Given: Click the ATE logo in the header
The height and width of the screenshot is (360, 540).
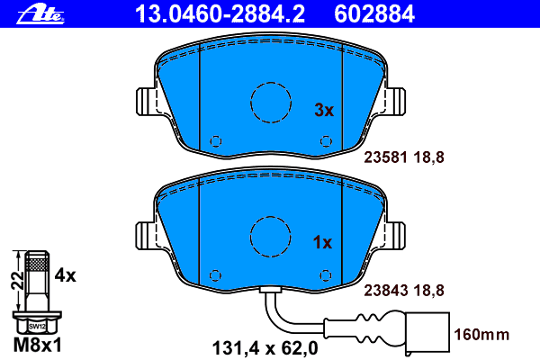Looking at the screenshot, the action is [40, 14].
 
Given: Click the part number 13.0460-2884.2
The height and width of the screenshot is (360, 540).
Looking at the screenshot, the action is [220, 14].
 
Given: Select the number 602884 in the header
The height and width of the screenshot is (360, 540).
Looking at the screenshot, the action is [374, 14].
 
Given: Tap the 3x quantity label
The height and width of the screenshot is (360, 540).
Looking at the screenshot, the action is [324, 110].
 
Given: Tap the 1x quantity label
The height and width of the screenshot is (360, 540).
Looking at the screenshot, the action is [322, 242].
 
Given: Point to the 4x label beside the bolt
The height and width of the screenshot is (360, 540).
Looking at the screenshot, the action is [65, 275].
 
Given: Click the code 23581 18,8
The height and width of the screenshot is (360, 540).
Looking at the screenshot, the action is [404, 157].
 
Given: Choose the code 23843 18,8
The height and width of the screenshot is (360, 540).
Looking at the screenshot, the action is [404, 291].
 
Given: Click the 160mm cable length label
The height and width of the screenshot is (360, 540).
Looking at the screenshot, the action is [481, 335].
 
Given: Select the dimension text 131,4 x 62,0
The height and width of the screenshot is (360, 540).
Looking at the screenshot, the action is [265, 348].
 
